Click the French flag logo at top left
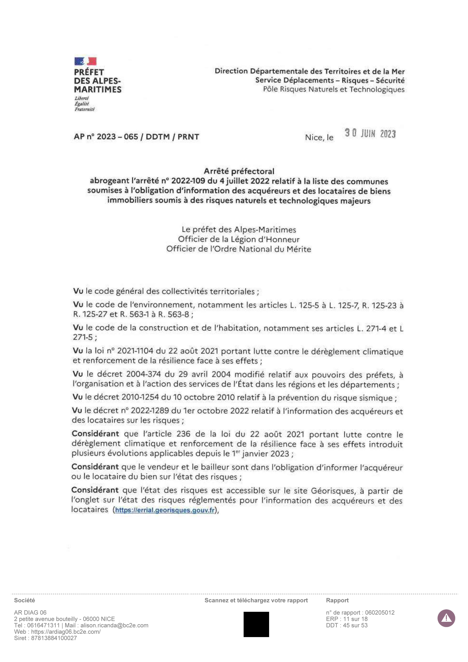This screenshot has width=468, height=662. pyautogui.click(x=85, y=61)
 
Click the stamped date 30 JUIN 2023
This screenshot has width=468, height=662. pyautogui.click(x=370, y=133)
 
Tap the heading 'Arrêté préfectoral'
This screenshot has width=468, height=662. pyautogui.click(x=239, y=171)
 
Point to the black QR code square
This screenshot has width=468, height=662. pyautogui.click(x=256, y=624)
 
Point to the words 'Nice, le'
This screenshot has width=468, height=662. pyautogui.click(x=319, y=138)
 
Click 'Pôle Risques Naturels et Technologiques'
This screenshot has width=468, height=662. pyautogui.click(x=334, y=89)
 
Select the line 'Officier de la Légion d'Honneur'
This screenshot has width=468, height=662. pyautogui.click(x=239, y=239)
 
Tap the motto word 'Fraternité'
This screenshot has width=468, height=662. pyautogui.click(x=84, y=109)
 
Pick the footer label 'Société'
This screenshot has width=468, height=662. pyautogui.click(x=25, y=600)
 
